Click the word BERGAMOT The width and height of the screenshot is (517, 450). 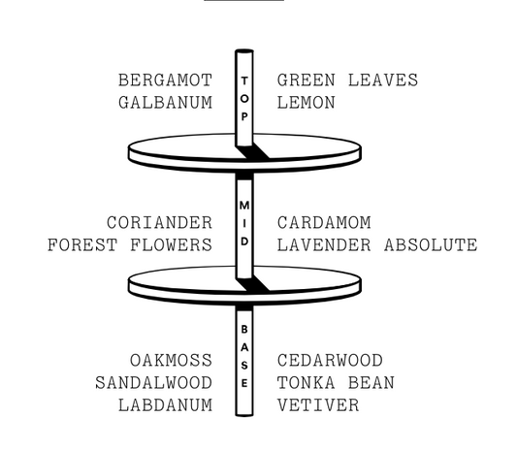[165, 80]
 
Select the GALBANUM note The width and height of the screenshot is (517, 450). [165, 103]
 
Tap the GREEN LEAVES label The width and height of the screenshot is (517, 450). [347, 80]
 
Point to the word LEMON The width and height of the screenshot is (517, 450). [307, 103]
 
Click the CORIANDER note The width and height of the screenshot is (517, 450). [160, 222]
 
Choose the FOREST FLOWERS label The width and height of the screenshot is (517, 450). [130, 245]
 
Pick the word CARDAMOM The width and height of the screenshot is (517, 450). [324, 222]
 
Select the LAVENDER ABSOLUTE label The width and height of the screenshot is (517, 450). [377, 245]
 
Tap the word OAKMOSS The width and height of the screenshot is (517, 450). [171, 361]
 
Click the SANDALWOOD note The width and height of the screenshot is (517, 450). [153, 383]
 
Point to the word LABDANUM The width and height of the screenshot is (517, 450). [165, 405]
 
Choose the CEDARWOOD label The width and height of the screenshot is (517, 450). [330, 361]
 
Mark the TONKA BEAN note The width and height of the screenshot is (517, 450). [336, 383]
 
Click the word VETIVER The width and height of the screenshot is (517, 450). [318, 405]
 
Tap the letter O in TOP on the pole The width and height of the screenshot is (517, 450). [244, 99]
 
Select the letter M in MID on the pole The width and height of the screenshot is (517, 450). [244, 205]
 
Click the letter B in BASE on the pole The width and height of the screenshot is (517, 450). [244, 329]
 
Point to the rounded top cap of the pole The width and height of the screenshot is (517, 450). [244, 50]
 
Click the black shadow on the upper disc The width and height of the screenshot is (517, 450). [252, 152]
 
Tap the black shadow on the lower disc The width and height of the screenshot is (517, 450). [252, 284]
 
